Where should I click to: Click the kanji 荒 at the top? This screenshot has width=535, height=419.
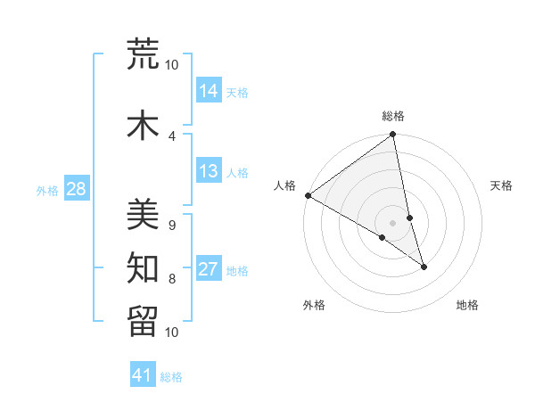[144, 55]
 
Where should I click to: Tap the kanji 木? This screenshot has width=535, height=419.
[144, 125]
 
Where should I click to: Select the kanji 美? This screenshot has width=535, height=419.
[144, 213]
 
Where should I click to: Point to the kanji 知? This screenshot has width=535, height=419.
[144, 267]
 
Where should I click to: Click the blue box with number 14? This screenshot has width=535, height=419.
[209, 90]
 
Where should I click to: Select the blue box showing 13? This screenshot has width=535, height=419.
[209, 171]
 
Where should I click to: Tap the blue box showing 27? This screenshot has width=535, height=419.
[209, 269]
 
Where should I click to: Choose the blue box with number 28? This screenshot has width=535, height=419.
[76, 189]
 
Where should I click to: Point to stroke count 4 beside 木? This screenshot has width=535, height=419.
[172, 136]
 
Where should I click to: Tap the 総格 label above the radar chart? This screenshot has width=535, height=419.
[393, 116]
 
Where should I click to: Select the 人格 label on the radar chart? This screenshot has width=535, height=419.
[285, 185]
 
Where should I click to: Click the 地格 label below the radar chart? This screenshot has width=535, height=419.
[467, 305]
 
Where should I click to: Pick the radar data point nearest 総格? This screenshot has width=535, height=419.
[393, 136]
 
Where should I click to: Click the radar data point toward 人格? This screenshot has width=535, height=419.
[308, 195]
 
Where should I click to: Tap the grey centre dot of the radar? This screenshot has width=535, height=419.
[392, 223]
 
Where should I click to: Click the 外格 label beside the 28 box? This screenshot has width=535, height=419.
[47, 190]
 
